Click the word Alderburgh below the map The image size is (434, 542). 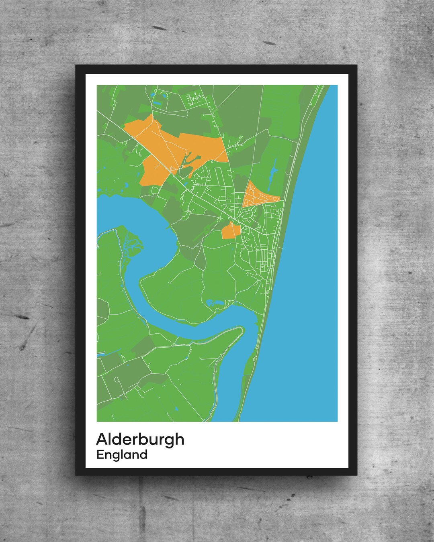[x=140, y=439]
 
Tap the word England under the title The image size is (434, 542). [x=122, y=455]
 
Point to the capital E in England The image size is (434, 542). [x=100, y=455]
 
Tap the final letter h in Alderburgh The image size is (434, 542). [x=180, y=439]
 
